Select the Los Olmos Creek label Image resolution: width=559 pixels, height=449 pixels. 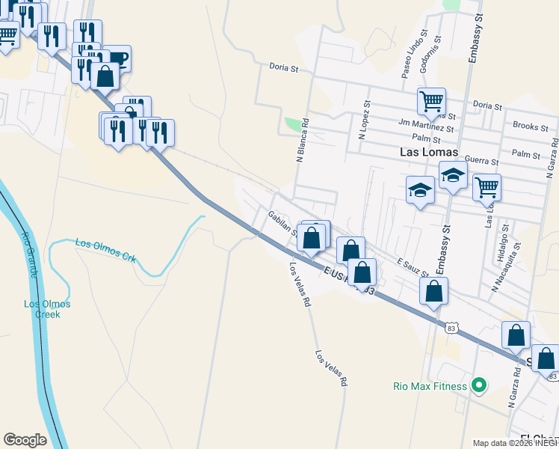click(47, 309)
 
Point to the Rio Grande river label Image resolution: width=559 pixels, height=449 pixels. click(28, 255)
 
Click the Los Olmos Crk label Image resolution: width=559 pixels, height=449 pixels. click(105, 250)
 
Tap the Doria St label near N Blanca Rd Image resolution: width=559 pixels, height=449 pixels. click(284, 67)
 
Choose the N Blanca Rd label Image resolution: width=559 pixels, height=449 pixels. click(302, 140)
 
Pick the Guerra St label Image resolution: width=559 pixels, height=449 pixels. click(482, 161)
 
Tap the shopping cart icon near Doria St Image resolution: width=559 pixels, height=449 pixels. click(431, 100)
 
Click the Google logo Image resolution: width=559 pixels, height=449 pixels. click(25, 440)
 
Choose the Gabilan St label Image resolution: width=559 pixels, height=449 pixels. click(284, 222)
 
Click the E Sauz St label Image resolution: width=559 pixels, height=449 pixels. click(412, 267)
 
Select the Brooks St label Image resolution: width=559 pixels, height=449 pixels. click(530, 127)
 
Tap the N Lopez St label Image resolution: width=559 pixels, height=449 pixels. click(364, 121)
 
